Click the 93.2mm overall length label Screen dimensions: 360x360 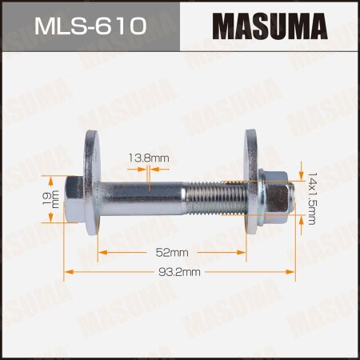180,272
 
